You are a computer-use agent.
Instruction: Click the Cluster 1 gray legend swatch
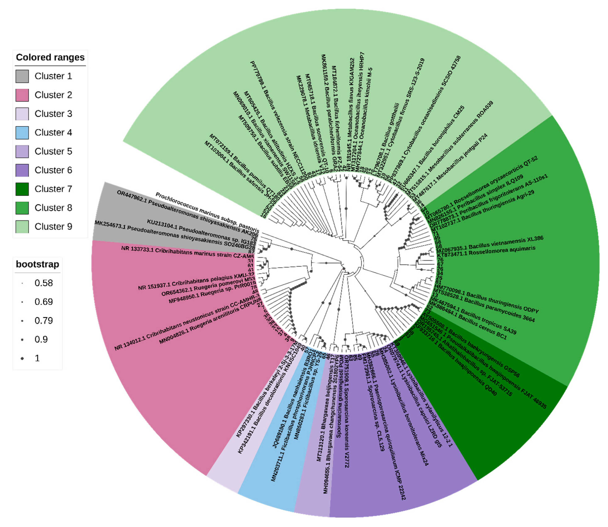click(22, 76)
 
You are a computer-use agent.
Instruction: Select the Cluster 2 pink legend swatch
click(22, 95)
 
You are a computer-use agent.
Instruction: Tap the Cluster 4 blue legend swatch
click(22, 133)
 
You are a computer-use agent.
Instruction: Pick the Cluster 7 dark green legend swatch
click(22, 189)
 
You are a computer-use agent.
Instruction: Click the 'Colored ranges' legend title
click(50, 57)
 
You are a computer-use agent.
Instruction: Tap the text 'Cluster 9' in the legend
click(53, 227)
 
